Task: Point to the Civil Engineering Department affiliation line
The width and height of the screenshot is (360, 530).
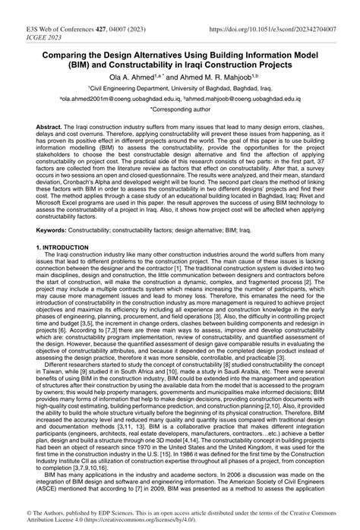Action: [x=179, y=88]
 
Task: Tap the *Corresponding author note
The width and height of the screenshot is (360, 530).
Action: [x=180, y=110]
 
